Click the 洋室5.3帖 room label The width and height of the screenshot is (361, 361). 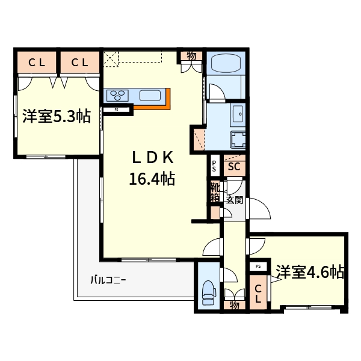(57, 117)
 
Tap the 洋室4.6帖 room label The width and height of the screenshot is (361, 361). (310, 273)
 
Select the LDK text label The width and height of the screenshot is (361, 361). (153, 157)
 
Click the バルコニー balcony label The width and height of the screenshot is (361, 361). (108, 280)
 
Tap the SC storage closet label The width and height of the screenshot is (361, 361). (234, 167)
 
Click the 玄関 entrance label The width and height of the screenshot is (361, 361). (235, 200)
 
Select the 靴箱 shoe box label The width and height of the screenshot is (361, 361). (215, 193)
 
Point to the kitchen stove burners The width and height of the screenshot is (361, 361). (117, 94)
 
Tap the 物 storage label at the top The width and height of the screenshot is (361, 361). (191, 56)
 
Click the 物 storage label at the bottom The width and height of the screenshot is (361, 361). (234, 306)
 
